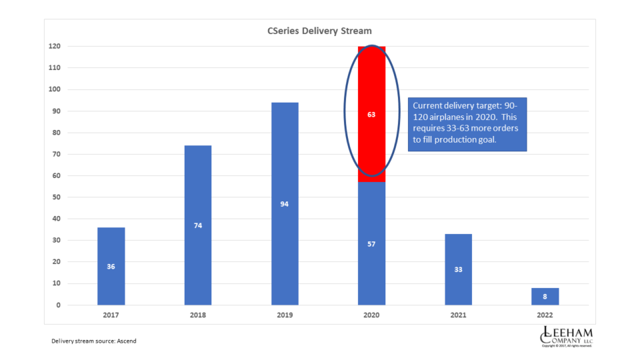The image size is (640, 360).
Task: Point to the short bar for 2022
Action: (545, 297)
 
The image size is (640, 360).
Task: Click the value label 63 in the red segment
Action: (371, 115)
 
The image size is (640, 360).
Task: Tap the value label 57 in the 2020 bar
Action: (371, 244)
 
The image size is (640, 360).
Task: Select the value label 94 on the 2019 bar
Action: (285, 204)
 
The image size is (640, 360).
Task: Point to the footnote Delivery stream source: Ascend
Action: (94, 341)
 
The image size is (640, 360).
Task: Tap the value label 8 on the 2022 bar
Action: (545, 297)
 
